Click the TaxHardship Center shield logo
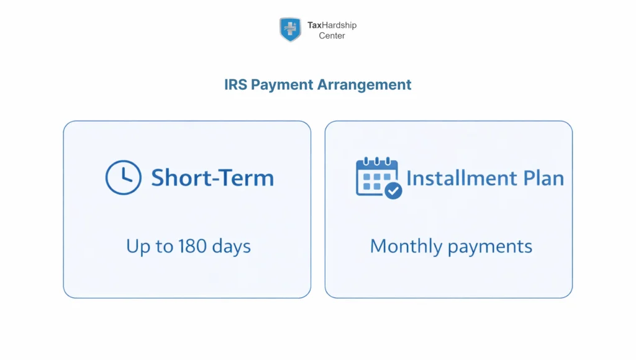(290, 29)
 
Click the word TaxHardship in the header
(332, 25)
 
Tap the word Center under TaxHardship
(332, 36)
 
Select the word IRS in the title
(235, 84)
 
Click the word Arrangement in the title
(365, 84)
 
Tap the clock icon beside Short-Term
(124, 178)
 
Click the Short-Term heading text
(212, 178)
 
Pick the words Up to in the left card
(150, 246)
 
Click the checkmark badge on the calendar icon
(393, 191)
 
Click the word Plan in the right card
(543, 178)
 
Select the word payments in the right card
(490, 247)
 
